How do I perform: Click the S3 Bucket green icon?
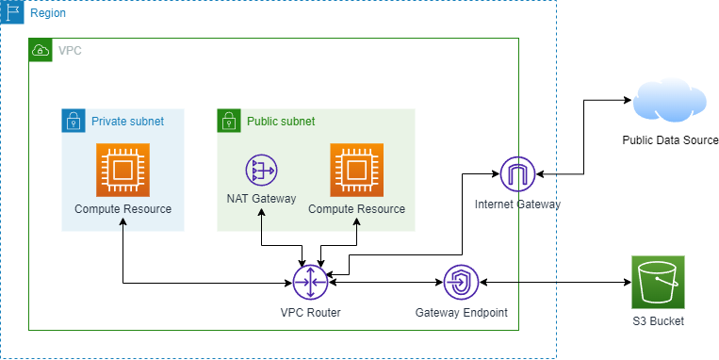click(658, 282)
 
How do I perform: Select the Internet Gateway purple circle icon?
click(517, 173)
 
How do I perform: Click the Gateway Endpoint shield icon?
click(462, 282)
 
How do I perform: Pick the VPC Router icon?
click(310, 282)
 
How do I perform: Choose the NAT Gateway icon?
click(261, 171)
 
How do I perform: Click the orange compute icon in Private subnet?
click(123, 170)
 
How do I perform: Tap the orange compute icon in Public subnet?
click(356, 170)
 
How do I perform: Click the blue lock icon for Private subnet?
click(74, 121)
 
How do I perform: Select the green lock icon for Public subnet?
click(229, 121)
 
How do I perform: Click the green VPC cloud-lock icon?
click(41, 50)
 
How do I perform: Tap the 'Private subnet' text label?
click(127, 122)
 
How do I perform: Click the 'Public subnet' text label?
click(281, 122)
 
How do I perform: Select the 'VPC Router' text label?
click(310, 313)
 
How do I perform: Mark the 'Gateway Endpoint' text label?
click(462, 313)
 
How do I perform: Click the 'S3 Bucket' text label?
click(658, 321)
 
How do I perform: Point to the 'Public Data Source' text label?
click(670, 140)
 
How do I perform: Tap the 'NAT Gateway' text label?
click(261, 199)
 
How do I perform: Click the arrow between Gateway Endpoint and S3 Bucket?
click(556, 282)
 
